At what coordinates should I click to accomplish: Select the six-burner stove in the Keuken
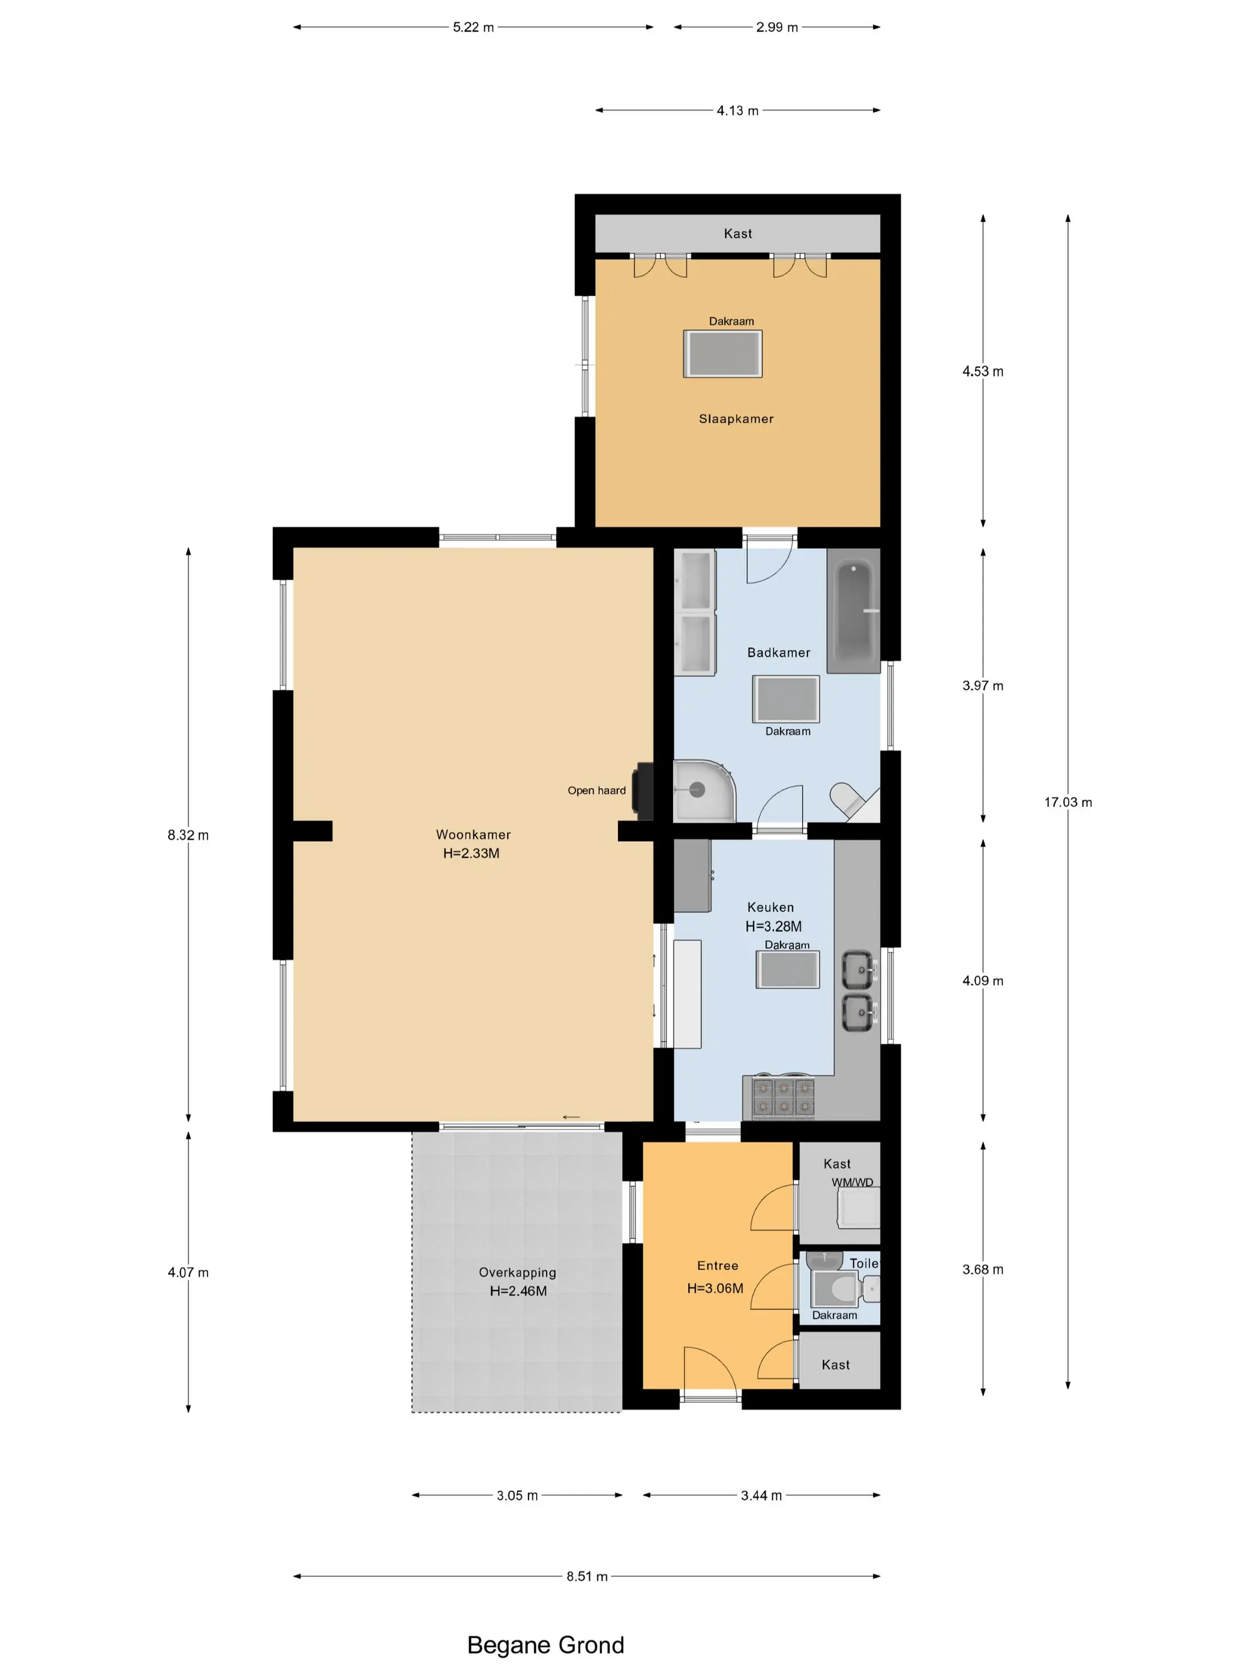coord(783,1098)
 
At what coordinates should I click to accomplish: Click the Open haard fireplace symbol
coord(644,791)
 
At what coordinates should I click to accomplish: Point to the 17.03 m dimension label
coord(1068,802)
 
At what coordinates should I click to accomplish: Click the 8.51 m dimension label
coord(587,1576)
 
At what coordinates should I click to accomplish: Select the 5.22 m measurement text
coord(473,28)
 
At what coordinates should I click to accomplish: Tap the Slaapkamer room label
coord(736,418)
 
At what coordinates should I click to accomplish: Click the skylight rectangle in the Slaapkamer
coord(722,354)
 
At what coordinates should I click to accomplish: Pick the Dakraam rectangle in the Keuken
coord(788,969)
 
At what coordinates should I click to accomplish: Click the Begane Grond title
coord(545,1645)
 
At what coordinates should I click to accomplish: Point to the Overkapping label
coord(517,1272)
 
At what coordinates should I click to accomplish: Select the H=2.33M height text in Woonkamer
coord(471,853)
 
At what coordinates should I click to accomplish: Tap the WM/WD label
coord(852,1182)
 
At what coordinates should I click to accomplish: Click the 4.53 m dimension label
coord(983,371)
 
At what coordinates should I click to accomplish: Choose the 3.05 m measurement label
coord(517,1495)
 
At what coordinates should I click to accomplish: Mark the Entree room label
coord(718,1265)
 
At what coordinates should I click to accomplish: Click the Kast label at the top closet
coord(737,234)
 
